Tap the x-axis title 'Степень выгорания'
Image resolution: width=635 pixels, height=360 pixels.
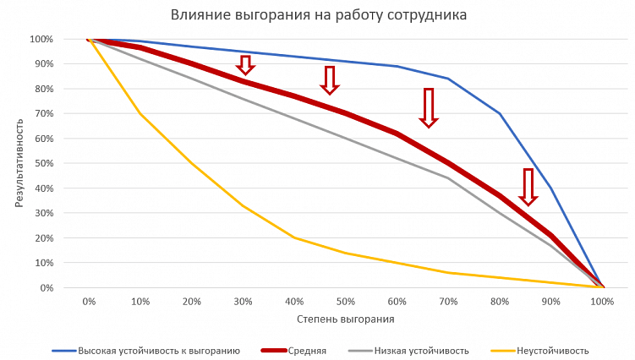coord(345,319)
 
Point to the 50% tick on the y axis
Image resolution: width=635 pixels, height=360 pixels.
coord(41,163)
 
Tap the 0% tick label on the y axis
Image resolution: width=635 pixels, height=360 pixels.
coord(45,287)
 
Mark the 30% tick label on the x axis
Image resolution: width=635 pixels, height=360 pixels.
coord(243,301)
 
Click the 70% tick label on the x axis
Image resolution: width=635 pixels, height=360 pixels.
coord(448,301)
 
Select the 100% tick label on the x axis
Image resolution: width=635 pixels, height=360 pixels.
coord(602,301)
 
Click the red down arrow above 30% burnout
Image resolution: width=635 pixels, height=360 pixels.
coord(245,65)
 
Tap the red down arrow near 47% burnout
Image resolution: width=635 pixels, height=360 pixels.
coord(329,80)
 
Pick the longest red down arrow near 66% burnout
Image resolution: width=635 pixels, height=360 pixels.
coord(429,107)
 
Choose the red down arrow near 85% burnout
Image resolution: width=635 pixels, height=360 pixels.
coord(528,187)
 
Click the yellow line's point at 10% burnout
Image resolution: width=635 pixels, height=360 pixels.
coord(140,113)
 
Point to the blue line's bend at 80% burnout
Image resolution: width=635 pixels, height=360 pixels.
coord(500,113)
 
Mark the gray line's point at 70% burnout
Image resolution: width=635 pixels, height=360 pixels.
coord(448,177)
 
